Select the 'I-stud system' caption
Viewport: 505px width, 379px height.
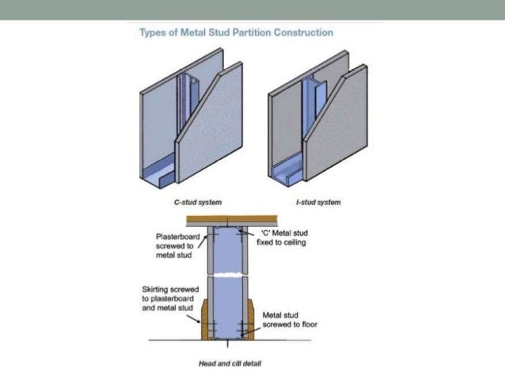coord(317,203)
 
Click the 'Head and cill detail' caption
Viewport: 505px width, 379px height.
coord(230,364)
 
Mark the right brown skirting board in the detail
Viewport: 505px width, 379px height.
coord(251,321)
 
